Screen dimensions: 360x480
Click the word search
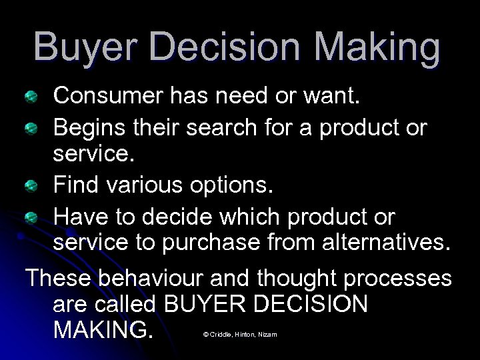221,127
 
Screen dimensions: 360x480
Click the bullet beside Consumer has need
31,99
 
